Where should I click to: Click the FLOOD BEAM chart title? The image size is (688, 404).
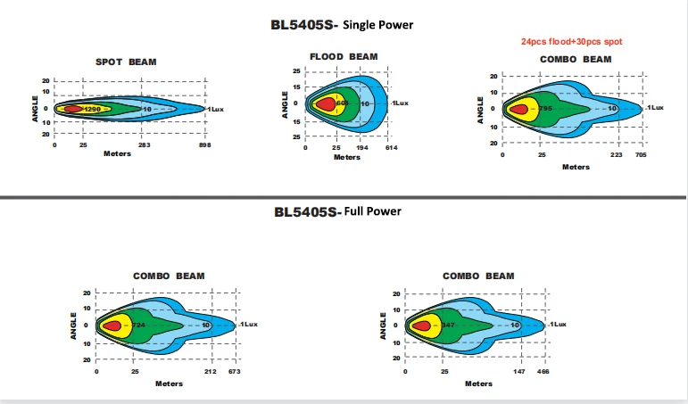[x=344, y=56]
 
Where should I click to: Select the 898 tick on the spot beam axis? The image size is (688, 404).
[x=204, y=144]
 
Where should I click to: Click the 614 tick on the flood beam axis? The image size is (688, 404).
[x=390, y=148]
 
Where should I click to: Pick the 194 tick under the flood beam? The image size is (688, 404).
[x=361, y=148]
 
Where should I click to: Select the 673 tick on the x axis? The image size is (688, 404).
[x=235, y=371]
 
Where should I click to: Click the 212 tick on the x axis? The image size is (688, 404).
[x=211, y=371]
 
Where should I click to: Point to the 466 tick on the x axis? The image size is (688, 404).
[x=543, y=371]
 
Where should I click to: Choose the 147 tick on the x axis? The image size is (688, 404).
[x=518, y=371]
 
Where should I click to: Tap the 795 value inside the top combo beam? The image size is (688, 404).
[x=545, y=108]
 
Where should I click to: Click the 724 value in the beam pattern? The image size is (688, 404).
[x=138, y=325]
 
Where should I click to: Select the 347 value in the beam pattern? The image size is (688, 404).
[x=448, y=325]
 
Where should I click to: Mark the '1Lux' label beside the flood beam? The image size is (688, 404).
[x=399, y=103]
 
